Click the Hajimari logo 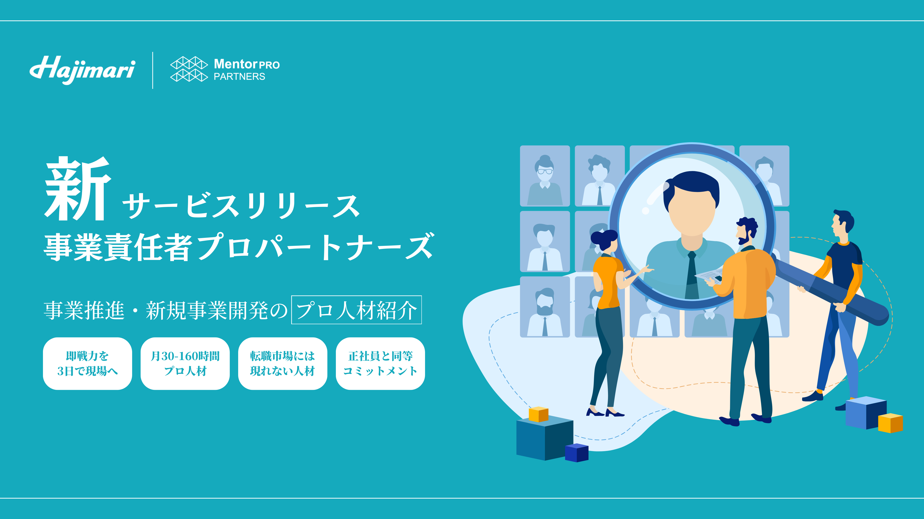coord(82,70)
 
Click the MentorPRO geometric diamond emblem coord(189,69)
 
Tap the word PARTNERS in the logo coord(239,77)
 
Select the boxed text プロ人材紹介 coord(356,310)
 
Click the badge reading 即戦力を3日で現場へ coord(88,364)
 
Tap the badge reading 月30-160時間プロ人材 coord(185,364)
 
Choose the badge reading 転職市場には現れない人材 coord(283,364)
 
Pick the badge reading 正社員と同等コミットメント coord(380,364)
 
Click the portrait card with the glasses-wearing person coord(545,176)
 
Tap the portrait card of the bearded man coord(545,307)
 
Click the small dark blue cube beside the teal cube coord(576,453)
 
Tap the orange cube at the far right coord(890,423)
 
